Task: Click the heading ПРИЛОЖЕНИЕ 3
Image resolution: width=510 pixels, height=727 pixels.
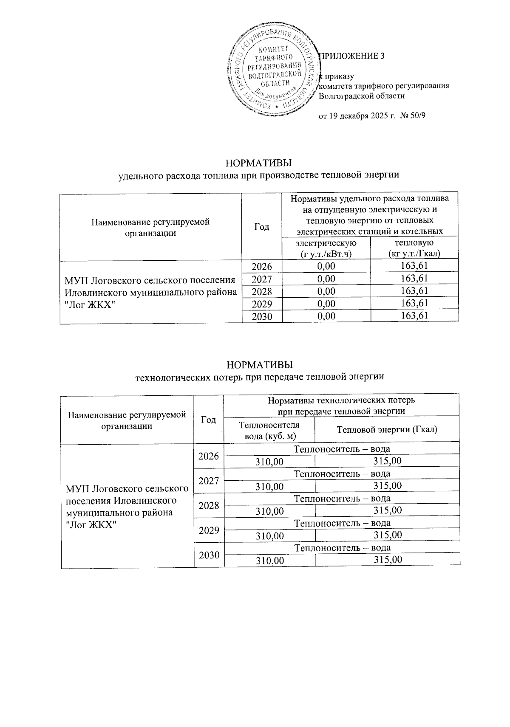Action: tap(351, 56)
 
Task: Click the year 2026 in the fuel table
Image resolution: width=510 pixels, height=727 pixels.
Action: tap(261, 266)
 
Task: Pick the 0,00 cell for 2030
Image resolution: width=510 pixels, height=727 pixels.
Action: tap(326, 316)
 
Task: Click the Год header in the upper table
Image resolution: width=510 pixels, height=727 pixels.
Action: tap(262, 227)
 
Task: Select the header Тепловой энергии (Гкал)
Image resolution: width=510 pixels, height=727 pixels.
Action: tap(387, 429)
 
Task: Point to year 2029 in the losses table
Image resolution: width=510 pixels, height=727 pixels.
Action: tap(209, 530)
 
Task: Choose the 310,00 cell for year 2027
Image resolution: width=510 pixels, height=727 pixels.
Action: tap(269, 486)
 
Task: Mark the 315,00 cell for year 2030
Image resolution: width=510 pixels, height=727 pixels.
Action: tap(388, 560)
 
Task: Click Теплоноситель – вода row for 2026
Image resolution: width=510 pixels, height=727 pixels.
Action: tap(342, 449)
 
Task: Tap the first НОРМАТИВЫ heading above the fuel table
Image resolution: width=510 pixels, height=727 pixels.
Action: tap(259, 163)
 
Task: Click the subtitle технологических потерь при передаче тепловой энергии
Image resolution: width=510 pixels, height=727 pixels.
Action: tap(259, 376)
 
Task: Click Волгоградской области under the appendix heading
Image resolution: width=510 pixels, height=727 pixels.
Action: tap(361, 96)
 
